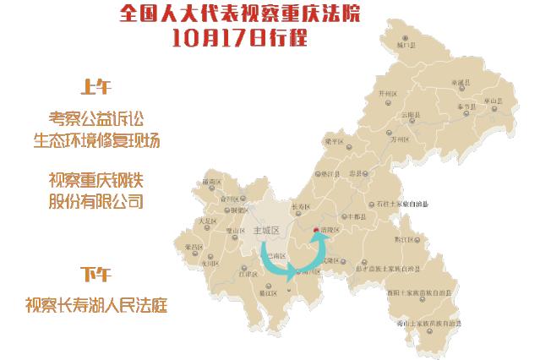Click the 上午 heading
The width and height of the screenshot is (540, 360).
(95, 87)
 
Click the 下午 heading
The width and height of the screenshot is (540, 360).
(95, 275)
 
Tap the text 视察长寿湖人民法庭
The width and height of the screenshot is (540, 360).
(95, 304)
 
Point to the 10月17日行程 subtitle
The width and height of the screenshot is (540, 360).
(238, 37)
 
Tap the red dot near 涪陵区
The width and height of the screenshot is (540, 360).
(316, 228)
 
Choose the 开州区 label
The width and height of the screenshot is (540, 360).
(388, 94)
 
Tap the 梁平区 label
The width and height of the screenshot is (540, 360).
(334, 141)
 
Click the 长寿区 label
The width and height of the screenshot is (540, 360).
(302, 206)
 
